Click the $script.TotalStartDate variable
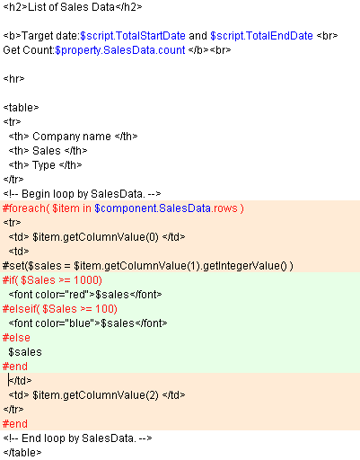(x=133, y=36)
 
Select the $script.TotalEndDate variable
(x=261, y=36)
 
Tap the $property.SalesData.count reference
(x=120, y=50)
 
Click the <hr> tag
(x=13, y=79)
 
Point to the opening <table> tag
(x=21, y=108)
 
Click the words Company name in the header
(x=72, y=137)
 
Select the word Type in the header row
(x=44, y=165)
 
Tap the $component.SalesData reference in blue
(x=153, y=208)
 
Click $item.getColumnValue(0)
(x=95, y=237)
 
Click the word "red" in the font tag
(x=77, y=295)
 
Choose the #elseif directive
(x=19, y=309)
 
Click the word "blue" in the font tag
(x=80, y=323)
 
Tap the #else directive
(x=16, y=338)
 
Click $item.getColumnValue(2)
(x=95, y=395)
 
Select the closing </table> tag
(x=22, y=453)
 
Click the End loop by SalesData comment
(x=77, y=438)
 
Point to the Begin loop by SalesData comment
(x=82, y=194)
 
